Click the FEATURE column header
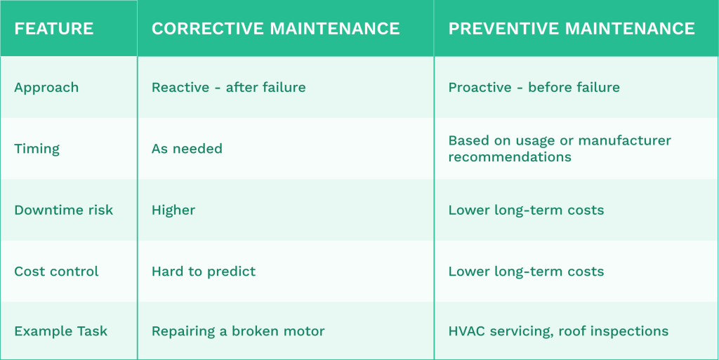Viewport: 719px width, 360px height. coord(54,29)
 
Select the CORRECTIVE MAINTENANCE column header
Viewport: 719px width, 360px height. coord(276,29)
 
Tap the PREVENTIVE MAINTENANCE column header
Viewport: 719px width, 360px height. coord(572,29)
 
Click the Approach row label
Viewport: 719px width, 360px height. coord(46,88)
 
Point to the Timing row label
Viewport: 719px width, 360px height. coord(37,149)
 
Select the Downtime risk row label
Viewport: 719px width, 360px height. coord(63,210)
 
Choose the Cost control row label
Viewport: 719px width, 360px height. coord(56,272)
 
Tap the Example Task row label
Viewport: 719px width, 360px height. coord(60,331)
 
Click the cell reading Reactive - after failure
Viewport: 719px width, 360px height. coord(228,88)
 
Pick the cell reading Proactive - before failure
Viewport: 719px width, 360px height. coord(534,88)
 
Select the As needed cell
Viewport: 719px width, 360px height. coord(187,149)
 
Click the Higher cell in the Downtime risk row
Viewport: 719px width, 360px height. coord(173,210)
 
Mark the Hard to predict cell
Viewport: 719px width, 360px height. coord(204,272)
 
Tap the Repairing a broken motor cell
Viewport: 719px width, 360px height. coord(238,331)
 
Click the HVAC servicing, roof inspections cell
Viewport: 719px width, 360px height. coord(558,331)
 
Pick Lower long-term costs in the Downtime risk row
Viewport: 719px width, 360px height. coord(526,210)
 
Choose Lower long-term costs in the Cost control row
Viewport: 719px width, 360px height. coord(526,272)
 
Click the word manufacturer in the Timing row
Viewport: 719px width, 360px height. coord(626,141)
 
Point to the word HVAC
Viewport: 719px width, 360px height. coord(466,331)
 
